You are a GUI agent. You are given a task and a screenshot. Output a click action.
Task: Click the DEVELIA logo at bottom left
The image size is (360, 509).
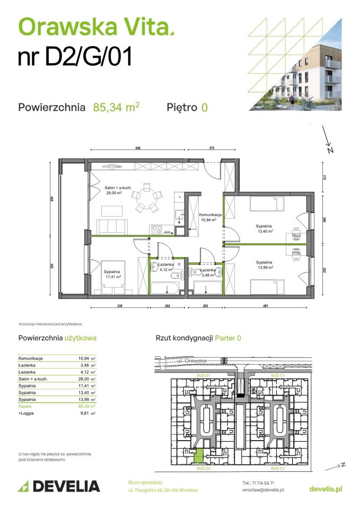click(59, 486)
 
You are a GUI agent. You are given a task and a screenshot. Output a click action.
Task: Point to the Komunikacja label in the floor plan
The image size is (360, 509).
click(210, 217)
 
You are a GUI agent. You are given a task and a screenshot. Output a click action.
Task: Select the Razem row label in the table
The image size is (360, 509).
click(25, 406)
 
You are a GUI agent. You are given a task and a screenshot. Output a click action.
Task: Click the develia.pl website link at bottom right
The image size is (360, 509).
click(325, 488)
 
